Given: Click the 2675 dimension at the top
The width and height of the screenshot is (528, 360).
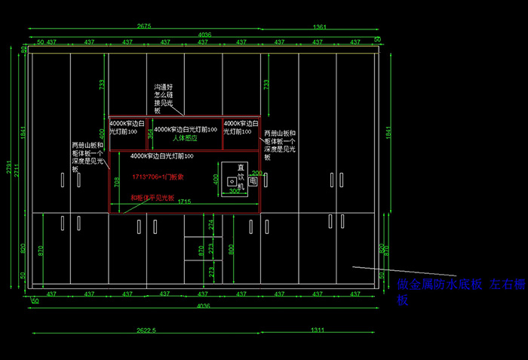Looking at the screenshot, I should (143, 26).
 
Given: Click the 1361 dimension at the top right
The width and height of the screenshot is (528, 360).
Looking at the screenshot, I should (319, 26).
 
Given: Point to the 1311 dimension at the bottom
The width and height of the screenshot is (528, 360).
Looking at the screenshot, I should (318, 330).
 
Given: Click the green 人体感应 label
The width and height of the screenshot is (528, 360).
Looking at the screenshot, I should (184, 138).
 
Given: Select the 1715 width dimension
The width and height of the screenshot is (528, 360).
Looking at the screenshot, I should (185, 202).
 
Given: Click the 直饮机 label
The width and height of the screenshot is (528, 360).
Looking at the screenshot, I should (241, 173).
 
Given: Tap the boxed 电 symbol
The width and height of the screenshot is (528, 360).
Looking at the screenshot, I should (253, 182).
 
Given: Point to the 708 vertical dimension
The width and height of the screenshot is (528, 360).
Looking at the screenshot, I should (117, 182).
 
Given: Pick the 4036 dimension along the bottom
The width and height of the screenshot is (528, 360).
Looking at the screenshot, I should (204, 306).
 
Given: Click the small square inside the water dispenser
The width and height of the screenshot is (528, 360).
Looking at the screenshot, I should (223, 181).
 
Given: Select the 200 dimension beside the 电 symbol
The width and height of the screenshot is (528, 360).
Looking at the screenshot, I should (256, 173).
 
